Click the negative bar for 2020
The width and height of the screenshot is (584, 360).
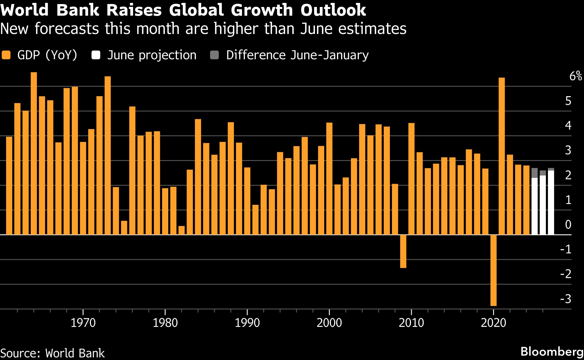(x=493, y=270)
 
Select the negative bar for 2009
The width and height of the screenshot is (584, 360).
(x=403, y=251)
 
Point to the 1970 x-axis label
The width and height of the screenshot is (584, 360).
(x=83, y=323)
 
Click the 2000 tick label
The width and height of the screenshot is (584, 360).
(x=329, y=323)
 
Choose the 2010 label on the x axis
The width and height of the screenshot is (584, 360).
(x=411, y=323)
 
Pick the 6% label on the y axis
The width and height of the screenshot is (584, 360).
(x=575, y=76)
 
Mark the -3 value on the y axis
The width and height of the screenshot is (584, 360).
(x=566, y=299)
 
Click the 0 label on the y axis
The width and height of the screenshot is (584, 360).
(x=568, y=225)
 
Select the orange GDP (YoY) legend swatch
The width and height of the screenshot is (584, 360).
(x=6, y=55)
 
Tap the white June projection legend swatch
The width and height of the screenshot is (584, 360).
(x=96, y=55)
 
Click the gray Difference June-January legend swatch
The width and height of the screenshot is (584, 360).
(x=214, y=55)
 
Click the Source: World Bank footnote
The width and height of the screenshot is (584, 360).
(x=52, y=353)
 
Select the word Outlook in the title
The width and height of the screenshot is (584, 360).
(x=333, y=10)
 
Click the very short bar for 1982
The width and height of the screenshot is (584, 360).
(x=182, y=230)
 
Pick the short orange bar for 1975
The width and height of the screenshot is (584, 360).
(x=124, y=228)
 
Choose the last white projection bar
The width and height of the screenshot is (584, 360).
(x=551, y=203)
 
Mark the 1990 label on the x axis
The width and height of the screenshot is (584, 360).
(x=247, y=323)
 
